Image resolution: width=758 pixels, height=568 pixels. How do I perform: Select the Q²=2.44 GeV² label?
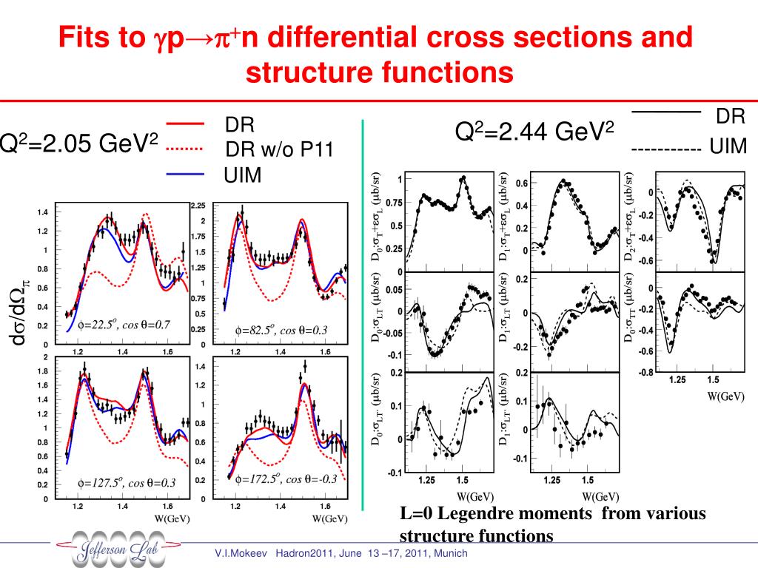[534, 132]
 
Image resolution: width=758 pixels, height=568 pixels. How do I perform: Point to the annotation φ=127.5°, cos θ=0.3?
[127, 483]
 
